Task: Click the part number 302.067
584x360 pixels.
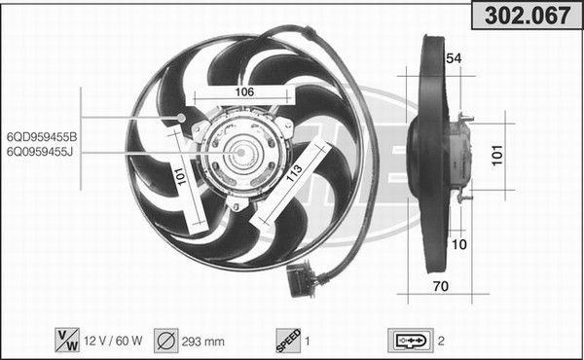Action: (528, 16)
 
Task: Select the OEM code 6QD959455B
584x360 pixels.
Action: (42, 137)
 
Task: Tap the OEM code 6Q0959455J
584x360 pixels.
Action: (40, 152)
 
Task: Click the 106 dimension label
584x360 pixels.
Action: (244, 91)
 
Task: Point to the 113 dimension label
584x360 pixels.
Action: (294, 173)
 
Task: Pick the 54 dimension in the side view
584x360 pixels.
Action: (454, 58)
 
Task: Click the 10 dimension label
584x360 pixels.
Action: (458, 244)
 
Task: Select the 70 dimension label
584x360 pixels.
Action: (441, 286)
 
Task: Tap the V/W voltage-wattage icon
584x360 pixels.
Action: (67, 340)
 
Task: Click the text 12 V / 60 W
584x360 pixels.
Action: (113, 341)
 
